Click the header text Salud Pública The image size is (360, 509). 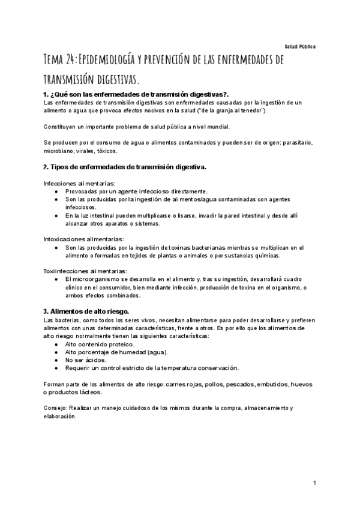click(300, 46)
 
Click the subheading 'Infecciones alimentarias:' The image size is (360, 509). click(80, 183)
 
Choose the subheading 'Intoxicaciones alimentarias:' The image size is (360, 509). click(84, 239)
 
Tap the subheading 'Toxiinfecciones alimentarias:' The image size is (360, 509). click(85, 271)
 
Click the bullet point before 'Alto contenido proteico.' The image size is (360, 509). click(56, 345)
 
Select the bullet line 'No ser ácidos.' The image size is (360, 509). click(86, 360)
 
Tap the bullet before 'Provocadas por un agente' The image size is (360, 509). click(56, 191)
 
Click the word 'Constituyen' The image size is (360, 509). click(61, 127)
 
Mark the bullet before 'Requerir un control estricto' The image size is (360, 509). click(56, 368)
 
